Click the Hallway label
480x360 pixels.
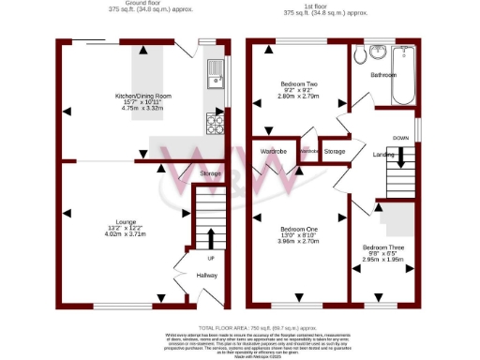pos(206,275)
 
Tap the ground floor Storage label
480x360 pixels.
pos(211,173)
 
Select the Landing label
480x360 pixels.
pos(383,154)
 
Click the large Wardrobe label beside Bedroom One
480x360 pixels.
pos(273,150)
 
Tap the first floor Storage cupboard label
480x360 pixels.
pos(335,150)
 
